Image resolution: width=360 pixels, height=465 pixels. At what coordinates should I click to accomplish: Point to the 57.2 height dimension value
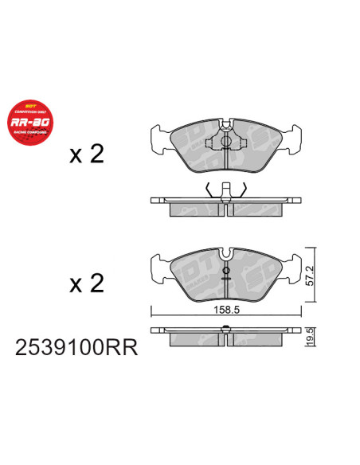pyautogui.click(x=311, y=275)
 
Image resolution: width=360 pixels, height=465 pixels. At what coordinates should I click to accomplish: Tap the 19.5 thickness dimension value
pyautogui.click(x=311, y=335)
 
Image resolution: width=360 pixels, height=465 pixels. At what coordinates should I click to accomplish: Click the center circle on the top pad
pyautogui.click(x=225, y=144)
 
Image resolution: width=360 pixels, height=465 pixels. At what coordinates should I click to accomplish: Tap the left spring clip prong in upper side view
pyautogui.click(x=209, y=190)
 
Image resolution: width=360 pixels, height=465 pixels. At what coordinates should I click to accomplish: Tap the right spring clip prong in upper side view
pyautogui.click(x=244, y=190)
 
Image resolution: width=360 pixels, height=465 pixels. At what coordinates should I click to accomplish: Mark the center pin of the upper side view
pyautogui.click(x=226, y=190)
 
